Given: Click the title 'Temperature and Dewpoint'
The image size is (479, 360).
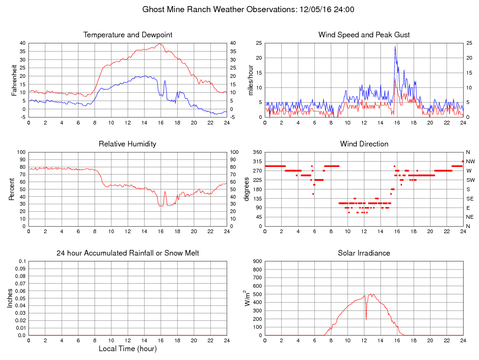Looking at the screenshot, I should [127, 35].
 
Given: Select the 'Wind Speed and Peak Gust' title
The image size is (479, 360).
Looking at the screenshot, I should [364, 35].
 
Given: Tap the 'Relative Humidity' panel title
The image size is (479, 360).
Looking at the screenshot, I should [127, 144].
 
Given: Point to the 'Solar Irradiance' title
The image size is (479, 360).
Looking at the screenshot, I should [364, 253].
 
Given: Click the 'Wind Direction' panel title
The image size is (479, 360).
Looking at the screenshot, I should [364, 144].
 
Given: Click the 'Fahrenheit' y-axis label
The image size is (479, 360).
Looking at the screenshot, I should [14, 80].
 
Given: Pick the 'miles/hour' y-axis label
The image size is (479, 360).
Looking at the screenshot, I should [250, 80].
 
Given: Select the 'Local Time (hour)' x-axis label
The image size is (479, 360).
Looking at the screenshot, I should [127, 349].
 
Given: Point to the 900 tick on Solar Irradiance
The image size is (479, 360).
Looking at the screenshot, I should [256, 261].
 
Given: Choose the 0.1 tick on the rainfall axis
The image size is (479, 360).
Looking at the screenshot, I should [21, 261].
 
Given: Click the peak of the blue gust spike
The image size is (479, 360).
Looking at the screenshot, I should [395, 46].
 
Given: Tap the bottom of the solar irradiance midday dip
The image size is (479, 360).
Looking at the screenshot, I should [366, 319].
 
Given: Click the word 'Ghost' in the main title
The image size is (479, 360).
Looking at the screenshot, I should [153, 9].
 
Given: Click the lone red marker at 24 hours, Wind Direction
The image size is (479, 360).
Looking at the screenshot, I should [463, 161].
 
